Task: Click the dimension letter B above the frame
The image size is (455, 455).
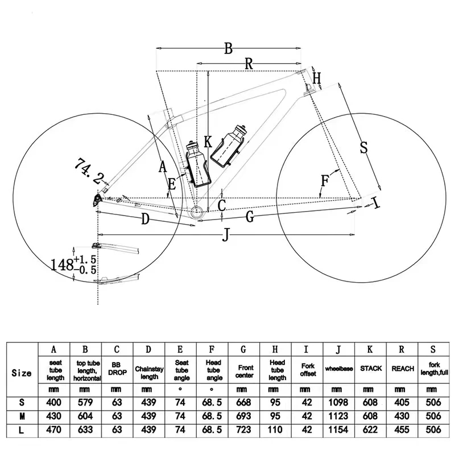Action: point(228,48)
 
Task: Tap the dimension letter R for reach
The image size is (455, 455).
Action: point(249,64)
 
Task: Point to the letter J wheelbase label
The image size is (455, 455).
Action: point(226,235)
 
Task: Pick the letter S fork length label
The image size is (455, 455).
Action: point(364,147)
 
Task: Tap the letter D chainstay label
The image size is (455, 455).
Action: point(145,219)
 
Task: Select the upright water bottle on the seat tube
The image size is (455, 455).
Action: point(197,164)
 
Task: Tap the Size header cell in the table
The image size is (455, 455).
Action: point(22,373)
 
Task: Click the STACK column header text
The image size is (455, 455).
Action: point(371,369)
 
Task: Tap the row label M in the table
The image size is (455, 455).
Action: point(22,417)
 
